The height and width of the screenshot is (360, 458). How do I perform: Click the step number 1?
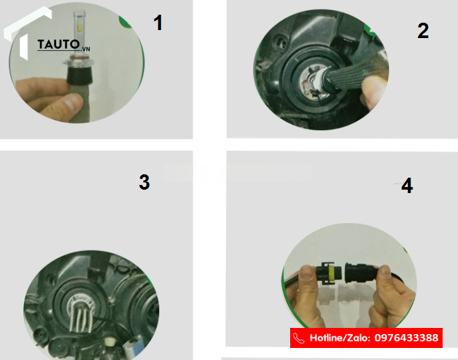(x=158, y=23)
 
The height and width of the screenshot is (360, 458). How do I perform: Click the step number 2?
(x=423, y=31)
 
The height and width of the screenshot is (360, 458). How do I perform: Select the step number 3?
(x=144, y=182)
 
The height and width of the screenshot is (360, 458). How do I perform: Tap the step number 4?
(x=407, y=186)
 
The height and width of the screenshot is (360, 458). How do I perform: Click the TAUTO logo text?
(x=58, y=45)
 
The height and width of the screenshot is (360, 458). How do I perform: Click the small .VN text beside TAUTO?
(x=85, y=49)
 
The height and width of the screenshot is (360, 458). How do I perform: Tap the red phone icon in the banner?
(x=298, y=338)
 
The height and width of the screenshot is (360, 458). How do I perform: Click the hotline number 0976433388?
(x=407, y=338)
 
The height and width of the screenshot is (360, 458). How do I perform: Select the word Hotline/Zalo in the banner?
(x=340, y=338)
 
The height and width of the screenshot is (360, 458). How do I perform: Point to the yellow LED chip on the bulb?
(x=79, y=28)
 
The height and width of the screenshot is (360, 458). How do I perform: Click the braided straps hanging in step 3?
(x=81, y=318)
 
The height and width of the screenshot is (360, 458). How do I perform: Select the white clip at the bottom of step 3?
(x=110, y=341)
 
